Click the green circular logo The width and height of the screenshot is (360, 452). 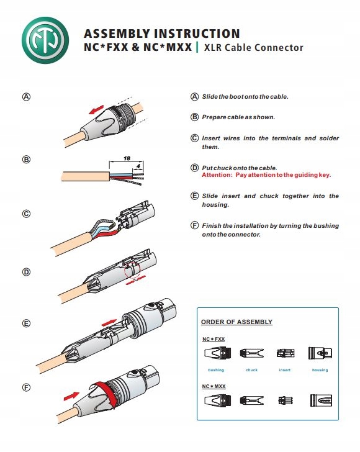click(45, 40)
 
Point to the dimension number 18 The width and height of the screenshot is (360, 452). click(127, 158)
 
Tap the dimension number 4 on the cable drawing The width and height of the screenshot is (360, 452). click(138, 166)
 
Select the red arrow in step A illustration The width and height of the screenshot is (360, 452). click(96, 109)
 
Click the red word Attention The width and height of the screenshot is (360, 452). click(217, 175)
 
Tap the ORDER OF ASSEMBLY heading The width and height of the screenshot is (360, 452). click(236, 322)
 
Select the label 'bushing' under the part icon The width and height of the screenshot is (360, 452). click(216, 370)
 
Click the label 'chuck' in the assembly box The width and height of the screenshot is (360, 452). click(251, 370)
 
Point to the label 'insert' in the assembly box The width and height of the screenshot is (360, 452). click(285, 370)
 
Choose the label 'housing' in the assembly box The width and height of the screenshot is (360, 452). click(320, 370)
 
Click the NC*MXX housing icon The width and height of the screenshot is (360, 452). click(321, 400)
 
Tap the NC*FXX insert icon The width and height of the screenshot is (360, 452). click(286, 353)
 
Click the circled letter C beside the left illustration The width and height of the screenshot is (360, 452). click(26, 214)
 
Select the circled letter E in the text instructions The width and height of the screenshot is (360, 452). click(195, 196)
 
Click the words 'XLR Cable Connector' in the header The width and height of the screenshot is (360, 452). click(254, 48)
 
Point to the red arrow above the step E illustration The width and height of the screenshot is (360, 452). click(109, 322)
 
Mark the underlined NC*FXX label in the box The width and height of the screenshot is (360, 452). click(214, 339)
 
